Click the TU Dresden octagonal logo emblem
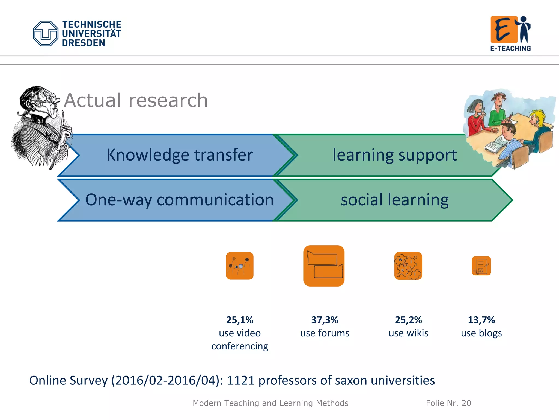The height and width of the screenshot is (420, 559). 45,33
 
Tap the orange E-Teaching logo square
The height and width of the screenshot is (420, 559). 504,30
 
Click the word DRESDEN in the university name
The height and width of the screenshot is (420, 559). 83,43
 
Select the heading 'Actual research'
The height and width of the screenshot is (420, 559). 136,100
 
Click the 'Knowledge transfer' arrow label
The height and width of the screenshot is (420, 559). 179,155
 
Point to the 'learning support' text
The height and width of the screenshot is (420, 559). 394,155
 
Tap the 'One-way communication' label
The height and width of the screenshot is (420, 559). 179,200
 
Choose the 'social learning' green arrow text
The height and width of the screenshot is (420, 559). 394,200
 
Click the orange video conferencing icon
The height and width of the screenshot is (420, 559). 240,266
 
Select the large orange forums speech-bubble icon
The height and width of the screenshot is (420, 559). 324,266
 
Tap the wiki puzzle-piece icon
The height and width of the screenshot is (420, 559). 408,266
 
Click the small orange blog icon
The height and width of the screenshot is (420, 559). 481,266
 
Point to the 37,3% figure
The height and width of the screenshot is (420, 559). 325,320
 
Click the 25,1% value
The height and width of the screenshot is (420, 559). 240,320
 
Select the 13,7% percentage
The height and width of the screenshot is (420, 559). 481,320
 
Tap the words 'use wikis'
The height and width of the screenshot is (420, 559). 408,333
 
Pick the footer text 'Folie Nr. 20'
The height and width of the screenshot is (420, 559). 448,403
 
